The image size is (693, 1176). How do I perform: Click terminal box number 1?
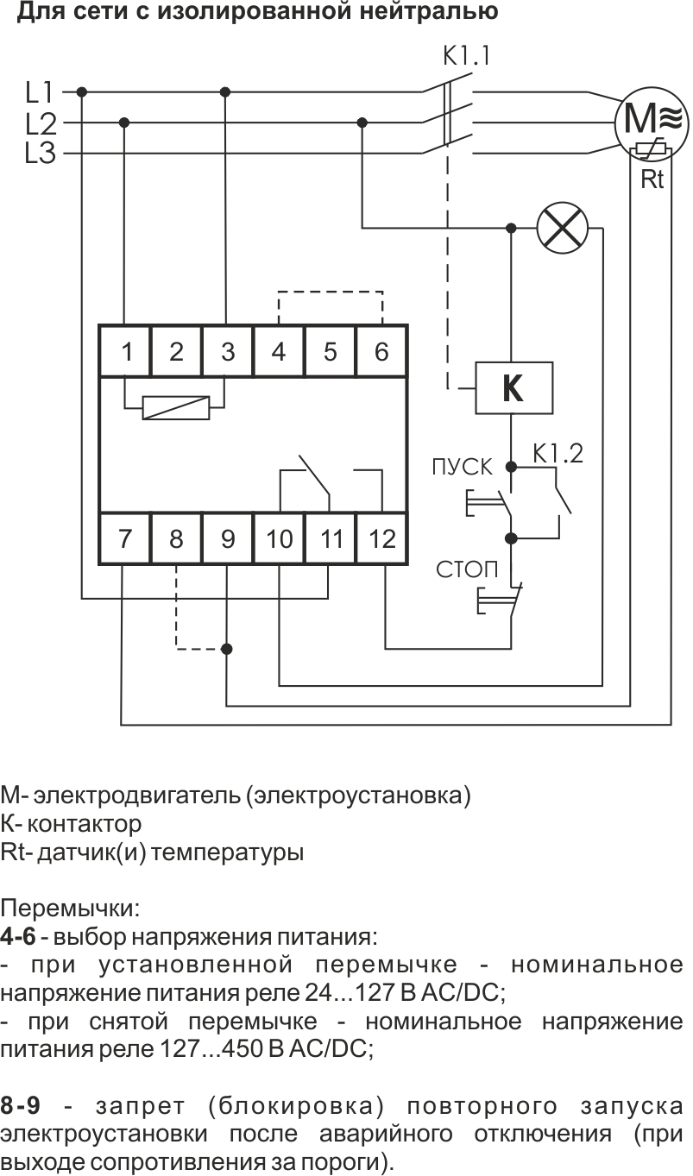pyautogui.click(x=126, y=351)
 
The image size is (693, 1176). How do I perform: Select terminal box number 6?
pyautogui.click(x=381, y=351)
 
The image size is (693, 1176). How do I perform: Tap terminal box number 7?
pyautogui.click(x=126, y=539)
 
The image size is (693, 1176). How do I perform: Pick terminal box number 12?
pyautogui.click(x=381, y=539)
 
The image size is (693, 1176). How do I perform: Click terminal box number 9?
pyautogui.click(x=228, y=539)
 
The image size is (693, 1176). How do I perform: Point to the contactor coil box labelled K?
pyautogui.click(x=513, y=389)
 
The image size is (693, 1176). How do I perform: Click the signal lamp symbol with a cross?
pyautogui.click(x=562, y=229)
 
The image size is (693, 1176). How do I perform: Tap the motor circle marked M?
pyautogui.click(x=652, y=120)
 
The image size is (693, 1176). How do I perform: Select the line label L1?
pyautogui.click(x=41, y=91)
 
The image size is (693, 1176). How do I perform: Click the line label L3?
pyautogui.click(x=41, y=154)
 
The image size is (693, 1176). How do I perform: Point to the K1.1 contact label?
pyautogui.click(x=466, y=57)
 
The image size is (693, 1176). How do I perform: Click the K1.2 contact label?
pyautogui.click(x=558, y=452)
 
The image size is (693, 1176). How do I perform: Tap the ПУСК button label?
pyautogui.click(x=463, y=468)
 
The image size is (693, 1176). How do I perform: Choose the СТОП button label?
pyautogui.click(x=467, y=569)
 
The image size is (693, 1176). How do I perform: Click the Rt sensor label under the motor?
pyautogui.click(x=652, y=181)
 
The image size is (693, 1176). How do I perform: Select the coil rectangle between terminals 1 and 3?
pyautogui.click(x=176, y=407)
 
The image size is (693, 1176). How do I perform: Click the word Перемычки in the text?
pyautogui.click(x=71, y=908)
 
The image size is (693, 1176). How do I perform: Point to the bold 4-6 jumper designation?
pyautogui.click(x=18, y=936)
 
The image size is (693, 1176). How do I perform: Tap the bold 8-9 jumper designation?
pyautogui.click(x=19, y=1106)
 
